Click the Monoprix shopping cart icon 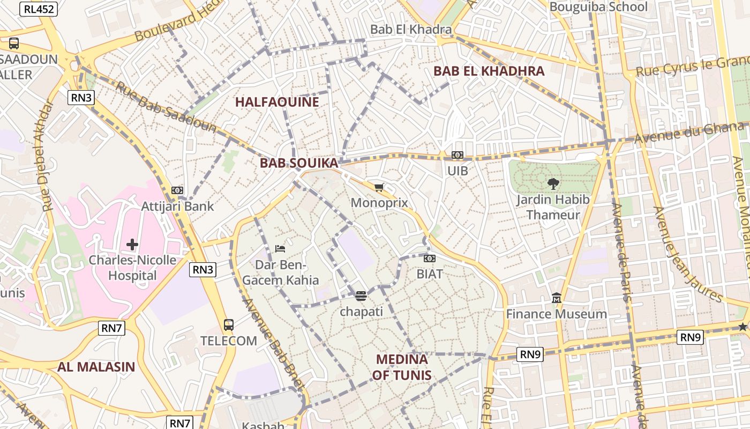pos(379,187)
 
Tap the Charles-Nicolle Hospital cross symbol pos(132,245)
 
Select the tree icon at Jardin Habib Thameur pos(553,184)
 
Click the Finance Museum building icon pos(557,298)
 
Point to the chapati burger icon pos(361,296)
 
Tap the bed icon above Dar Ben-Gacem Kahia pos(280,248)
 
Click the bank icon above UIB pos(457,155)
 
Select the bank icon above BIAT pos(430,258)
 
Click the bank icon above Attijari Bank pos(177,190)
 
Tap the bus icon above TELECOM pos(229,325)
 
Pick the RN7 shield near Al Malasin pos(111,328)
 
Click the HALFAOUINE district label pos(277,102)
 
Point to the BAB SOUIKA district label pos(299,163)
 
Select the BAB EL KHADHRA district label pos(489,71)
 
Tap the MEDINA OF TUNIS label pos(402,367)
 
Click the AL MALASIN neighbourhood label pos(96,367)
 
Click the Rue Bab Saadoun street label pos(166,108)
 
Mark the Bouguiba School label pos(598,7)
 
